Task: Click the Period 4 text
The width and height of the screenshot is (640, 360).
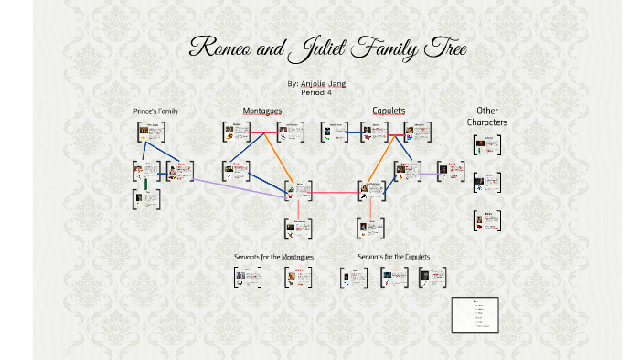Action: pyautogui.click(x=316, y=92)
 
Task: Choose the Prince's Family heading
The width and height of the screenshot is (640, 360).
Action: pyautogui.click(x=155, y=111)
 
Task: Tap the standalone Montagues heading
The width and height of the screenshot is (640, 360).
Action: pyautogui.click(x=262, y=111)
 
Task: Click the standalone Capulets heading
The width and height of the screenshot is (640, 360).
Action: pyautogui.click(x=389, y=111)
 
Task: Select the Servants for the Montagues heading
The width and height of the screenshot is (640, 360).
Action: pyautogui.click(x=274, y=257)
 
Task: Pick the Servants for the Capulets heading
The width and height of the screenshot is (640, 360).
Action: pyautogui.click(x=394, y=257)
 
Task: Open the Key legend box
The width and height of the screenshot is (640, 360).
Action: pyautogui.click(x=475, y=314)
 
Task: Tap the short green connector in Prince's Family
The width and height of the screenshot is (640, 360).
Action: pyautogui.click(x=147, y=184)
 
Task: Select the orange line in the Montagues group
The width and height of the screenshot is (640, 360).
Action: pyautogui.click(x=278, y=155)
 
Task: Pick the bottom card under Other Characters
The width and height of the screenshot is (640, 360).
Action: pyautogui.click(x=487, y=220)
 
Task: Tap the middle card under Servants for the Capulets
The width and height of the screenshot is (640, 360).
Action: pyautogui.click(x=394, y=278)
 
